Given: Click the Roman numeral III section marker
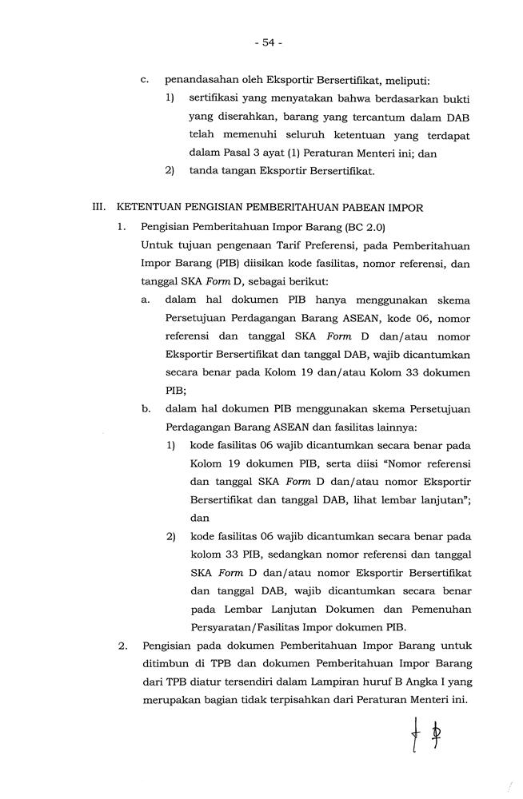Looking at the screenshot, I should click(100, 207).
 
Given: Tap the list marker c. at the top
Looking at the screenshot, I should click(145, 80).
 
